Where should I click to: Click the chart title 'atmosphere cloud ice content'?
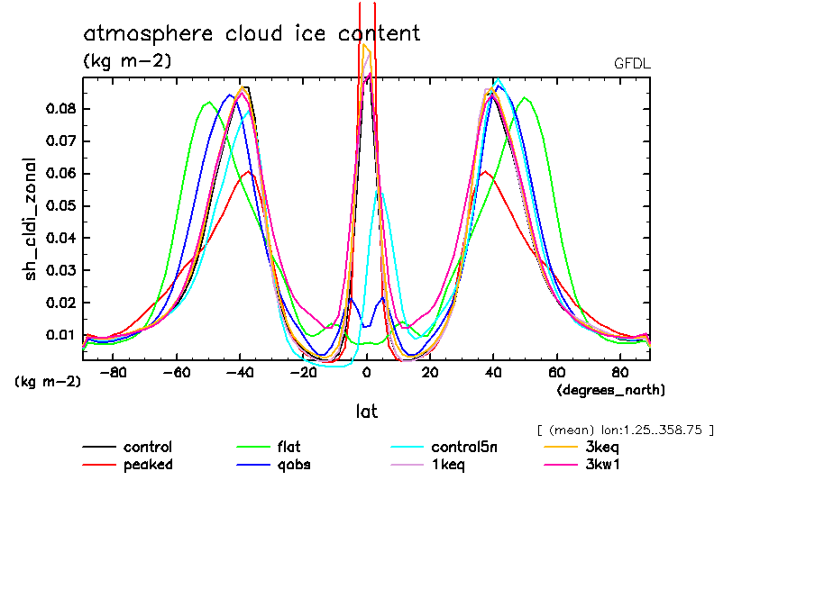tap(252, 34)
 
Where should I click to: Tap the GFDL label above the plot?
tap(631, 64)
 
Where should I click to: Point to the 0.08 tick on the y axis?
tap(62, 109)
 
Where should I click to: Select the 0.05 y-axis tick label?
tap(62, 205)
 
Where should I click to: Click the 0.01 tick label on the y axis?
tap(62, 335)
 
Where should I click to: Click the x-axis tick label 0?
tap(367, 372)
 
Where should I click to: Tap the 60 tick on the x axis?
tap(556, 372)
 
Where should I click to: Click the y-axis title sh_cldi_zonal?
tap(31, 219)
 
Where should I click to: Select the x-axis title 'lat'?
tap(366, 412)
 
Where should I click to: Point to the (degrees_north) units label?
tap(611, 390)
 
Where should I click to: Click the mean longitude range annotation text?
tap(625, 430)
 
